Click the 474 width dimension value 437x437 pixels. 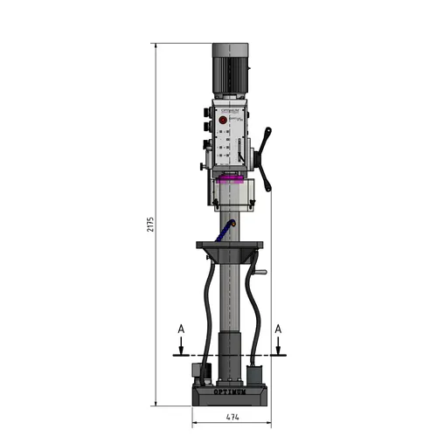click(x=229, y=418)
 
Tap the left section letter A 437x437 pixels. click(x=179, y=328)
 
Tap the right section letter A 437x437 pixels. click(x=278, y=328)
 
